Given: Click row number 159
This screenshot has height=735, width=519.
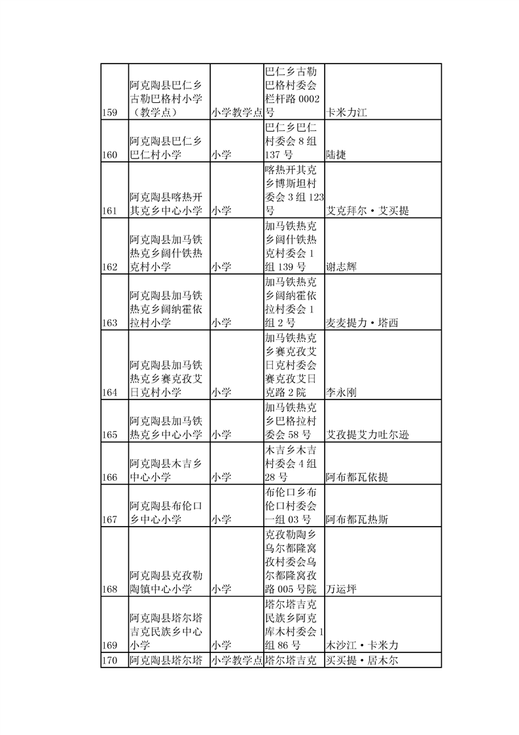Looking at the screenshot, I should point(110,113).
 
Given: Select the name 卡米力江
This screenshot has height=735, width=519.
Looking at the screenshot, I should point(347,113).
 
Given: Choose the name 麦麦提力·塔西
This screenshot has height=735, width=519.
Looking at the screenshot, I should point(362,323).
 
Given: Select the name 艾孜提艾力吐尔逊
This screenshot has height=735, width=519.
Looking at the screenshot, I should point(372,435).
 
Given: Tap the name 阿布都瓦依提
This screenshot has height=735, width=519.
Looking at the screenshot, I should point(357,478).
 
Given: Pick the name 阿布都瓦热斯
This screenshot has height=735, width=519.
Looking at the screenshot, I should point(357,520).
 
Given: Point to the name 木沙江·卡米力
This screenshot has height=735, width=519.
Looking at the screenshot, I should point(362,645).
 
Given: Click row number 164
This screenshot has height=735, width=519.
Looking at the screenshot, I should point(110,392).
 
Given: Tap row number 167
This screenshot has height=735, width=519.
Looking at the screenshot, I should point(110,520).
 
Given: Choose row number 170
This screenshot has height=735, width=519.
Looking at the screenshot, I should point(110,660).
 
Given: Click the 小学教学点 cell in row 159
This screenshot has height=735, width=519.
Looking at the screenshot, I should point(236,113).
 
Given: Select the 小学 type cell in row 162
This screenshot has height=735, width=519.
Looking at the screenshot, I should point(221,267).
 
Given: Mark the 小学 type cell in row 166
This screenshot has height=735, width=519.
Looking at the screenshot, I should point(221,478).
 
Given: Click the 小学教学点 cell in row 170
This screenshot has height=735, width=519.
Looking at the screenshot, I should point(236,660).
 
